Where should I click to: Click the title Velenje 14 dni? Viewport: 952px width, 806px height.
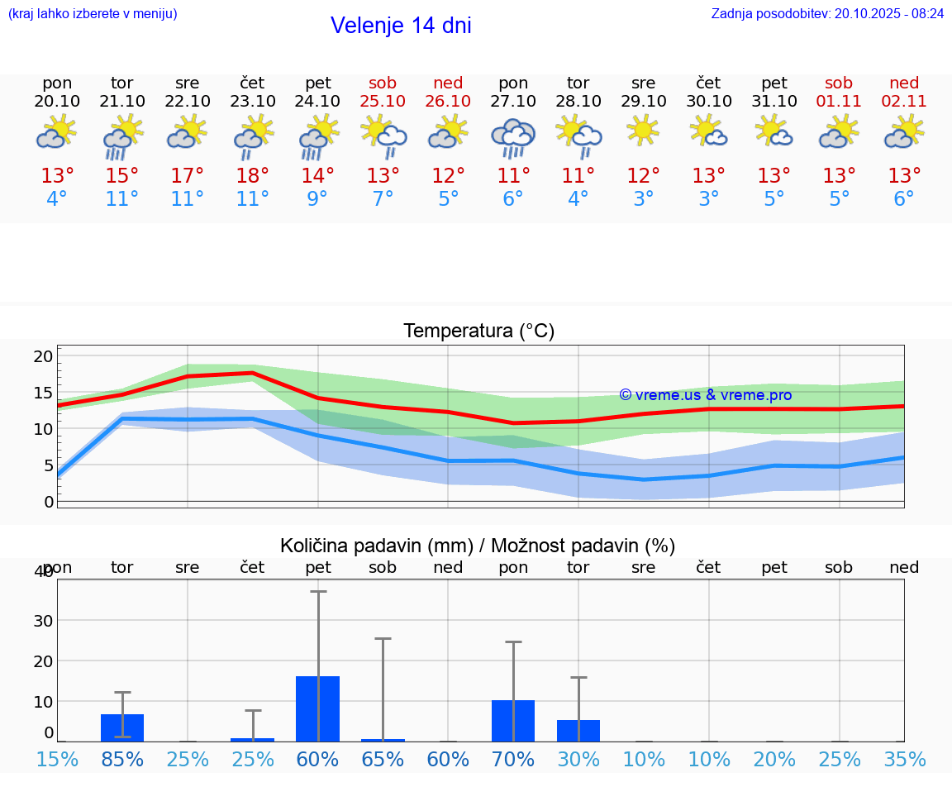401,26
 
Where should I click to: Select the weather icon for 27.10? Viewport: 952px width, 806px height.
513,137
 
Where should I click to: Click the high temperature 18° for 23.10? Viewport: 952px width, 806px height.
252,176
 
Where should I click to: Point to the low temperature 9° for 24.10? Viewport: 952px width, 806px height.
317,199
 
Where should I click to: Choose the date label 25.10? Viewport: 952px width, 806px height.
383,101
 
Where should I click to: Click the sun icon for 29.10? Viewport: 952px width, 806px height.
643,131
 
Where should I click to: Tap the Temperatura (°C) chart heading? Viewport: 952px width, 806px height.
478,331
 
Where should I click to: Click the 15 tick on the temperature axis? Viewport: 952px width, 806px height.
43,393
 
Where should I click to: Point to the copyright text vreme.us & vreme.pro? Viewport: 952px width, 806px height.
706,395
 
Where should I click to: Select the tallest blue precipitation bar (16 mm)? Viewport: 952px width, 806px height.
317,708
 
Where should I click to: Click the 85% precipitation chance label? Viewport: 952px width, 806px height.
122,759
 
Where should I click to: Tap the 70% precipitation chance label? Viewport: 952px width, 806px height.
513,759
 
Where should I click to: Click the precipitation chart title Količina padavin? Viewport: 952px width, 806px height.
478,546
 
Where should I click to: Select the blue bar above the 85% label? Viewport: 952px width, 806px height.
122,727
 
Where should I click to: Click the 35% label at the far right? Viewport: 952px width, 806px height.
904,759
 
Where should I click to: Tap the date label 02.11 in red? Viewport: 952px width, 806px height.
904,101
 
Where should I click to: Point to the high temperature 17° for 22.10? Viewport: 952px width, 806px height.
187,176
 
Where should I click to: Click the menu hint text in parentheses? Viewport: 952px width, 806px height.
93,14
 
